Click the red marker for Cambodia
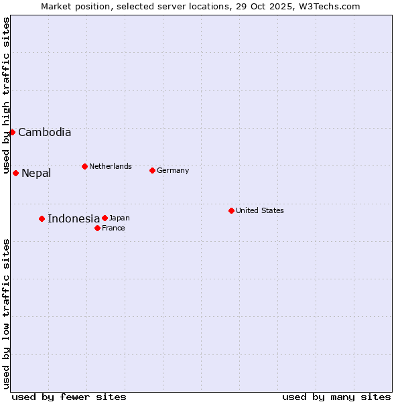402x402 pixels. click(x=12, y=132)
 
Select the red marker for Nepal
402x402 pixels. click(x=15, y=173)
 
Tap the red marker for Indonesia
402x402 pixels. click(x=42, y=218)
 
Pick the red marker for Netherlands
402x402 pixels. click(x=84, y=166)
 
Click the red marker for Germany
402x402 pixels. click(x=152, y=170)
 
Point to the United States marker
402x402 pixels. click(x=231, y=210)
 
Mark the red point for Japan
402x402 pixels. click(x=105, y=218)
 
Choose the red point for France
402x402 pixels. click(x=97, y=228)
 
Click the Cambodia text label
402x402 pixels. click(x=44, y=133)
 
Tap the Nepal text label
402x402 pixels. click(x=36, y=174)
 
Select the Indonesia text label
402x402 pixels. click(x=74, y=218)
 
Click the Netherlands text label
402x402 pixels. click(x=111, y=166)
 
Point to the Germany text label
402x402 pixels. click(x=173, y=170)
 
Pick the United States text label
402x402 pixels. click(x=260, y=210)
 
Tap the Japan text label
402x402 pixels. click(x=119, y=218)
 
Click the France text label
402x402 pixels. click(x=113, y=228)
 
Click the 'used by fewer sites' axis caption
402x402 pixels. click(x=69, y=397)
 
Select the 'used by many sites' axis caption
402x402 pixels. click(x=336, y=397)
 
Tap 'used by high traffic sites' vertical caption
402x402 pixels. click(x=7, y=96)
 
